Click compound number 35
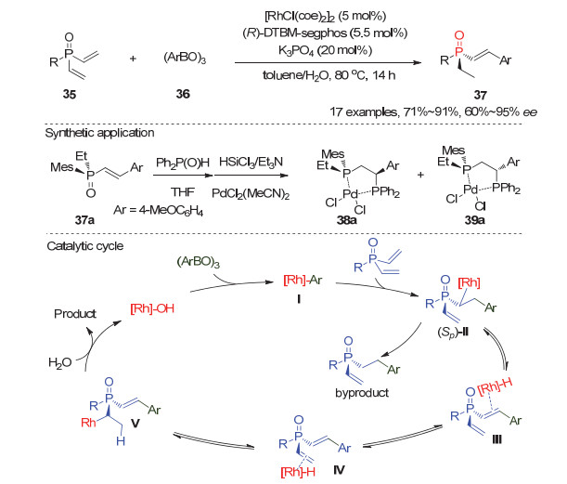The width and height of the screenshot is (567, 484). (52, 94)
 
